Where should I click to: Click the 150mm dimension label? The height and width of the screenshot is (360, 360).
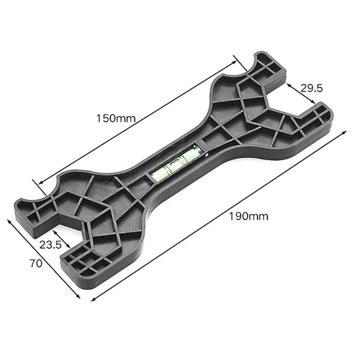[x=116, y=118]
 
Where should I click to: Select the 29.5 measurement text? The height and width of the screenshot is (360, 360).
[x=312, y=88]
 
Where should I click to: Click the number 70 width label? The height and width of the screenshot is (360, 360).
[x=35, y=263]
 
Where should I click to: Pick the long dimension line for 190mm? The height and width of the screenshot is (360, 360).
[x=216, y=218]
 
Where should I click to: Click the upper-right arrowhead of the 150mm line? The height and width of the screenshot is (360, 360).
[x=235, y=58]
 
